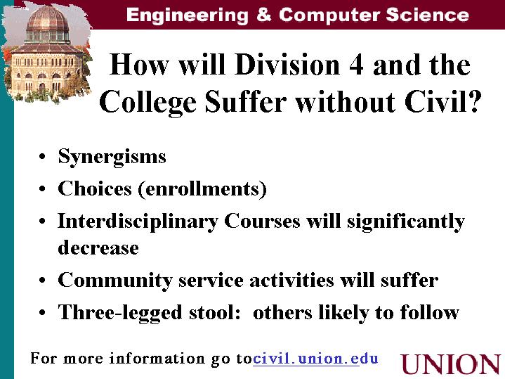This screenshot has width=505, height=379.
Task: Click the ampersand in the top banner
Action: (x=264, y=15)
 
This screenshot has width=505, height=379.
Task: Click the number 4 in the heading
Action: (x=356, y=65)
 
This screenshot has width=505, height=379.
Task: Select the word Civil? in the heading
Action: (x=443, y=101)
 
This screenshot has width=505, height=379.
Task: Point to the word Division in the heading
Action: (x=287, y=64)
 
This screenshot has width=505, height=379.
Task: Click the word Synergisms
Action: (x=112, y=158)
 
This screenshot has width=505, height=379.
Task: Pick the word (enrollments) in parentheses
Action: (x=202, y=189)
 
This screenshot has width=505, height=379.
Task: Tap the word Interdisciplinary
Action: (x=138, y=223)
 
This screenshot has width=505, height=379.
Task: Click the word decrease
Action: (x=98, y=248)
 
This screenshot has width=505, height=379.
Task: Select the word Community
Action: (x=115, y=281)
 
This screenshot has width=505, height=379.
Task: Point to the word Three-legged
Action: (x=120, y=313)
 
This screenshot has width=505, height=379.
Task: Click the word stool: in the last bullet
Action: (x=214, y=313)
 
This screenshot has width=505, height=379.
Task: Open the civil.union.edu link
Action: (x=315, y=359)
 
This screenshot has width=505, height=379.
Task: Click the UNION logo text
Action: (x=451, y=364)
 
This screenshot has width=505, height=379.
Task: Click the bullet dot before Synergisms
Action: (x=42, y=157)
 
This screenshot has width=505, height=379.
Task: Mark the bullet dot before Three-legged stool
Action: (x=42, y=313)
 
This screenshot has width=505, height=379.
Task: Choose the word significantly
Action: (x=406, y=223)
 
